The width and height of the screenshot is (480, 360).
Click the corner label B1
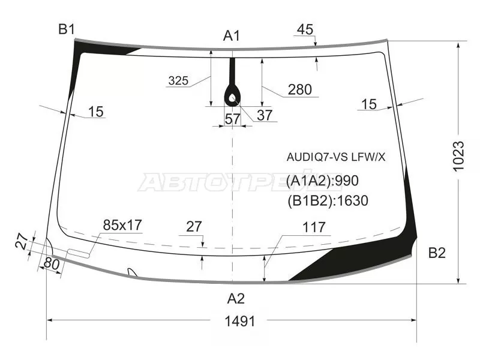(67, 29)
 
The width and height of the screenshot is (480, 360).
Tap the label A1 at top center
(232, 36)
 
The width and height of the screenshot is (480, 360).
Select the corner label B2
(437, 253)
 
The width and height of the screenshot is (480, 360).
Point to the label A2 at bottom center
(236, 298)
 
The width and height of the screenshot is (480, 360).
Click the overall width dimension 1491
(239, 322)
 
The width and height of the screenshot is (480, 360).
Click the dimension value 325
(178, 80)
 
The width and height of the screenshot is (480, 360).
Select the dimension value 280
(299, 89)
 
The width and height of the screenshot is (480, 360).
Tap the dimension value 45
(305, 29)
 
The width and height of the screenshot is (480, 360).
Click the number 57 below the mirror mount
(233, 119)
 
